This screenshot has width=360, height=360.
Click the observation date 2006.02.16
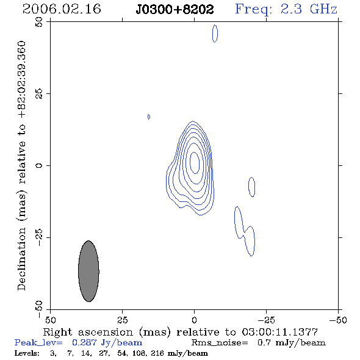pyautogui.click(x=62, y=9)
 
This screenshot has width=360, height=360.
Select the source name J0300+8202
pyautogui.click(x=175, y=9)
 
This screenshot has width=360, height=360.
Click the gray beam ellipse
pyautogui.click(x=88, y=271)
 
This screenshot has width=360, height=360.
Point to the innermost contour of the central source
pyautogui.click(x=195, y=163)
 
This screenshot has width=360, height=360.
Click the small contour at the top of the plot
pyautogui.click(x=215, y=34)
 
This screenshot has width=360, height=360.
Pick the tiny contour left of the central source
pyautogui.click(x=149, y=117)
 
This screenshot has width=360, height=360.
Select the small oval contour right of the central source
pyautogui.click(x=251, y=187)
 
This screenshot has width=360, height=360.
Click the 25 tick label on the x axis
pyautogui.click(x=122, y=320)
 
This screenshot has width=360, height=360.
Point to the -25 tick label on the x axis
pyautogui.click(x=266, y=320)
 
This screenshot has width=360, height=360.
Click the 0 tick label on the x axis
pyautogui.click(x=194, y=320)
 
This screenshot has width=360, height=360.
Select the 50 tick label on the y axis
pyautogui.click(x=39, y=22)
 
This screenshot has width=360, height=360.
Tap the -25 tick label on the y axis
pyautogui.click(x=39, y=237)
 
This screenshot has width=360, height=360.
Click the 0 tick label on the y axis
pyautogui.click(x=39, y=165)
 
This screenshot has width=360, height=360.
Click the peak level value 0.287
pyautogui.click(x=84, y=342)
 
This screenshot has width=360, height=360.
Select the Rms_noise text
pyautogui.click(x=220, y=343)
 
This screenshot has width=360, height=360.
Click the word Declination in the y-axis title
pyautogui.click(x=21, y=259)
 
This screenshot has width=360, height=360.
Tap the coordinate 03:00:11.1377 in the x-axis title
pyautogui.click(x=280, y=332)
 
